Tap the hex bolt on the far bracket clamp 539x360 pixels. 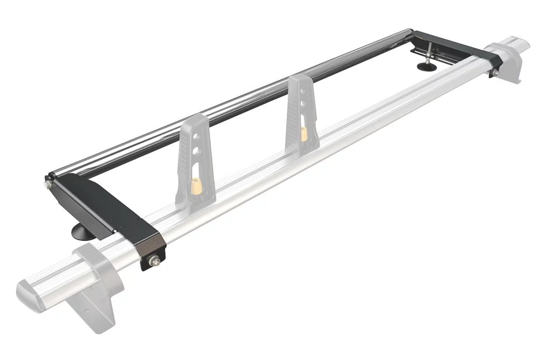[x=494, y=71]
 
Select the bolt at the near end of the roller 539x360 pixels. [x=48, y=184]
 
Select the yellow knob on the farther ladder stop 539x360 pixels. [x=305, y=134]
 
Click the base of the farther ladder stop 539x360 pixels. [x=302, y=151]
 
